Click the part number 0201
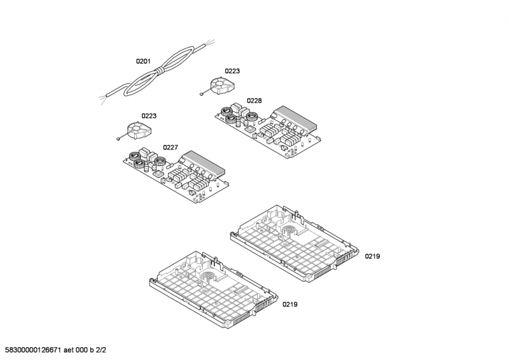pyautogui.click(x=143, y=62)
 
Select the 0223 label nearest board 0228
pyautogui.click(x=232, y=71)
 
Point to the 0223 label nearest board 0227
pyautogui.click(x=149, y=116)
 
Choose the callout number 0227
pyautogui.click(x=170, y=148)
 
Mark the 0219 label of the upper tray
pyautogui.click(x=372, y=256)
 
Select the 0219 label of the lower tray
pyautogui.click(x=290, y=305)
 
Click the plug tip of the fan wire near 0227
pyautogui.click(x=118, y=138)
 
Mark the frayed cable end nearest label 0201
pyautogui.click(x=104, y=100)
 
